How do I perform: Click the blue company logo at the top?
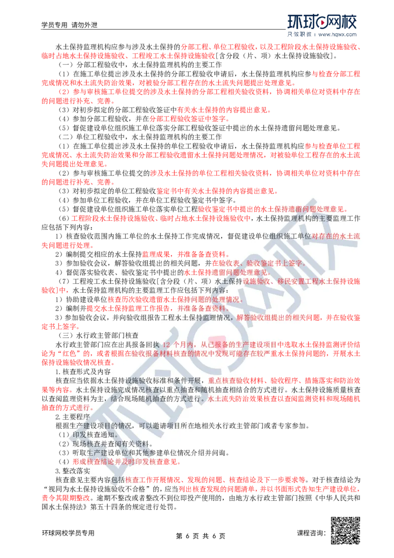[x=323, y=23]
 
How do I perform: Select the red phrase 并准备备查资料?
[x=201, y=309]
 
